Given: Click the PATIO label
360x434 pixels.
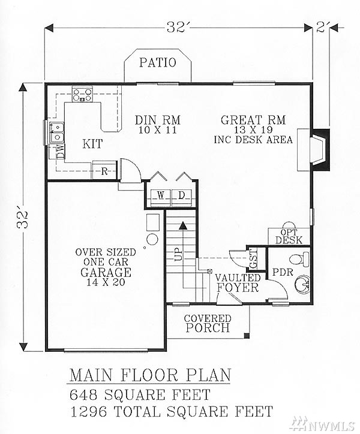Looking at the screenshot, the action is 157,62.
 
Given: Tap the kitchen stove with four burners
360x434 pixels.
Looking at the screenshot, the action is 82,94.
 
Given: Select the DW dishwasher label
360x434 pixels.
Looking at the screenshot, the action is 60,151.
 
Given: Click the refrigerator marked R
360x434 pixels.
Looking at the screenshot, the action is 104,170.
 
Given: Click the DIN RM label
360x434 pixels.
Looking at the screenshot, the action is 157,120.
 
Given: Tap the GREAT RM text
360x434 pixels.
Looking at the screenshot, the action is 253,120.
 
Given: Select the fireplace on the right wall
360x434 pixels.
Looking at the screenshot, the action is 319,149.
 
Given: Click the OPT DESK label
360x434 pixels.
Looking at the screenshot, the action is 289,236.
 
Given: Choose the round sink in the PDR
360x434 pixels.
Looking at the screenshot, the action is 303,284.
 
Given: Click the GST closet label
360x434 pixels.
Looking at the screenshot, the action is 253,258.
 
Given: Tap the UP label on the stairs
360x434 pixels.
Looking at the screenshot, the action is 178,254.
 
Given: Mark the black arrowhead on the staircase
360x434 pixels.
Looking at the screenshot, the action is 182,225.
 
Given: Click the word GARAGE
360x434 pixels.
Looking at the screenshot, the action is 106,272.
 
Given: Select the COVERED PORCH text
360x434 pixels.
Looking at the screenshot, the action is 208,323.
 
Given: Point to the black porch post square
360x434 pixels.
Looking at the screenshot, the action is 246,336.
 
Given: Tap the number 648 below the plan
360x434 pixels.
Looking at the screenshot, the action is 83,394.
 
